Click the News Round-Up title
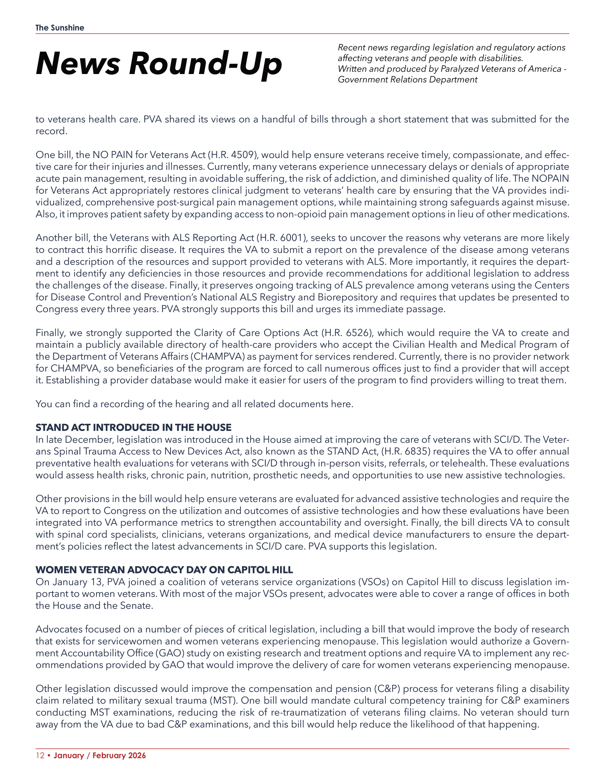coord(159,63)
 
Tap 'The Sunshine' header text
coord(60,28)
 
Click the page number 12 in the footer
coord(40,755)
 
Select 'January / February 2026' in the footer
coord(100,755)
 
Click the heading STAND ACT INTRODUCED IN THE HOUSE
coord(133,427)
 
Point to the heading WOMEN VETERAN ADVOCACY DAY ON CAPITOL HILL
coord(164,570)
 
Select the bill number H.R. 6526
coord(346,333)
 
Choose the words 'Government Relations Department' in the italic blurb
coord(407,80)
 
